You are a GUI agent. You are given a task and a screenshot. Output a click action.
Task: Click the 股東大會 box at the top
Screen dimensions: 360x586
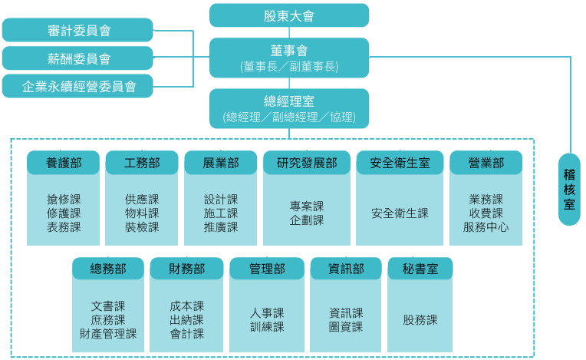point(288,15)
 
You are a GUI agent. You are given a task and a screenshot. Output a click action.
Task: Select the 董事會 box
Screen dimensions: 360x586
point(288,58)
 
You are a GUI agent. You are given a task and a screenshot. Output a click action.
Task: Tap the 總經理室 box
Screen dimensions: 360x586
point(288,108)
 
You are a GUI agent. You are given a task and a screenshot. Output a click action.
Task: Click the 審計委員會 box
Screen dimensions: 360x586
point(77,31)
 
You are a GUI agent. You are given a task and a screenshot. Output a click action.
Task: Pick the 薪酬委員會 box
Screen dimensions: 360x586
point(77,58)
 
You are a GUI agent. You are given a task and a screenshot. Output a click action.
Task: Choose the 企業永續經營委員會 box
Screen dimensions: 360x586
point(77,86)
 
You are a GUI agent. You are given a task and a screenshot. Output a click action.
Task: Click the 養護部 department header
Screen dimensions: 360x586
point(64,163)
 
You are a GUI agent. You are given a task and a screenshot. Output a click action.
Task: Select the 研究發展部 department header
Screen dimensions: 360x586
point(307,163)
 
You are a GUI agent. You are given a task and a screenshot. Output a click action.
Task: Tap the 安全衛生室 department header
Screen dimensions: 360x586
point(400,163)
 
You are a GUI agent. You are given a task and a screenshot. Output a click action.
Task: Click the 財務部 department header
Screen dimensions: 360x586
point(186,269)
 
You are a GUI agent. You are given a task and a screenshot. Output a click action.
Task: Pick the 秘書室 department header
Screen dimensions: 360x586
point(420,269)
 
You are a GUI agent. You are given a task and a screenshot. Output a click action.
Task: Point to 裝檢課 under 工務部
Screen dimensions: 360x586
point(142,227)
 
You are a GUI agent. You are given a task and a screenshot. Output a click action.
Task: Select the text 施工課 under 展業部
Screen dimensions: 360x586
point(221,213)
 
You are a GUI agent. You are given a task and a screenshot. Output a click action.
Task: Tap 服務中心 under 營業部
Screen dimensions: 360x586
point(486,227)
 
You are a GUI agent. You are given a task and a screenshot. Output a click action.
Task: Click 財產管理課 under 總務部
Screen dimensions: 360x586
point(108,334)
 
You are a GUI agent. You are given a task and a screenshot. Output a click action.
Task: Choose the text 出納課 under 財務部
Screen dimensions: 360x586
point(186,320)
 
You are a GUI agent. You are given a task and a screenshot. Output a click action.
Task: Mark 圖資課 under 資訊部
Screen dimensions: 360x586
point(346,327)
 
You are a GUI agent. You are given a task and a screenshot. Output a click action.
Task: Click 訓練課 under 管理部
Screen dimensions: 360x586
point(267,327)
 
